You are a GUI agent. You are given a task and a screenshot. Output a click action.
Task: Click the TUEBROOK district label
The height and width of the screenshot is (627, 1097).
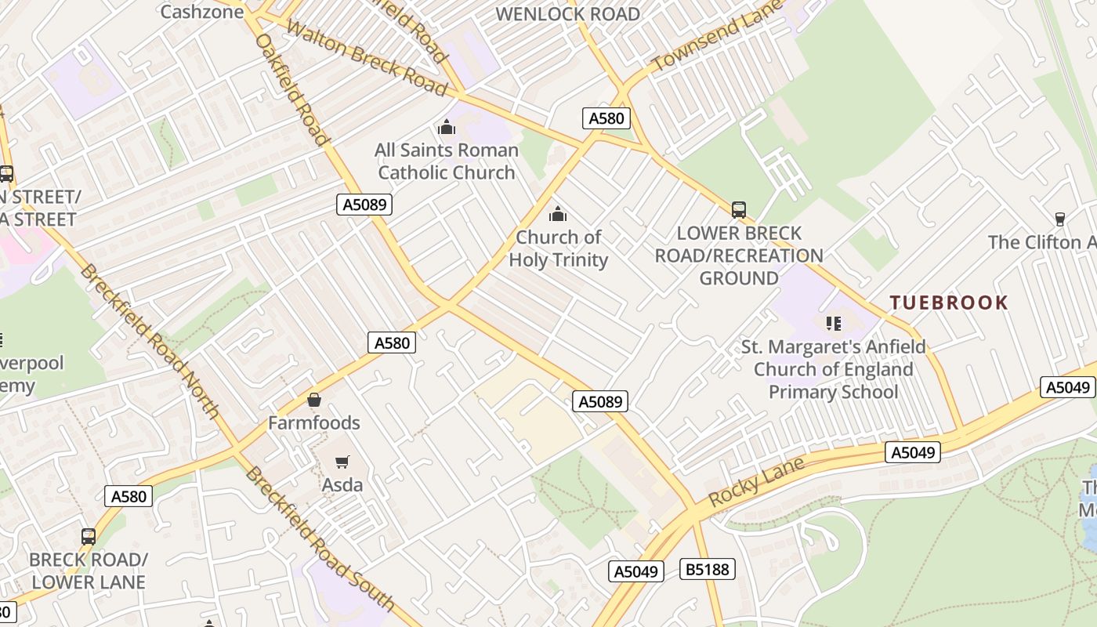[x=949, y=303]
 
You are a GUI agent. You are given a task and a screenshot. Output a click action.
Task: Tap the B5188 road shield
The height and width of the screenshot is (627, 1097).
[x=708, y=569]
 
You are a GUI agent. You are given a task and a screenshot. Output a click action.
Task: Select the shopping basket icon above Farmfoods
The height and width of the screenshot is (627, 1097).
[x=314, y=400]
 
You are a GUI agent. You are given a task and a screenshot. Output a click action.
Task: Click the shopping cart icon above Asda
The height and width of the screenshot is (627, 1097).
[x=342, y=462]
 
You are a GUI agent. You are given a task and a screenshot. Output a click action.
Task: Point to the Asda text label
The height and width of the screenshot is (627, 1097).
[x=342, y=485]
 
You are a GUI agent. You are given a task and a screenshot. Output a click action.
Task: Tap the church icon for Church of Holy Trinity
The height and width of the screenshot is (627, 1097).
[x=558, y=213]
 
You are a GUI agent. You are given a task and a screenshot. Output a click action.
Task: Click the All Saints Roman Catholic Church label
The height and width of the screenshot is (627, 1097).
[x=447, y=161]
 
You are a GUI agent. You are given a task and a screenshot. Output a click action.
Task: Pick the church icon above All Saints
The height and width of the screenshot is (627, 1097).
[x=447, y=127]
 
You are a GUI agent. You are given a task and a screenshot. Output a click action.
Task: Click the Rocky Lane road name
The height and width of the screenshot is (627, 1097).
[x=756, y=481]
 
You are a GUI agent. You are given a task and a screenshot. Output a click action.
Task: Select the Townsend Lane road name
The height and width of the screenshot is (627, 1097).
[x=717, y=35]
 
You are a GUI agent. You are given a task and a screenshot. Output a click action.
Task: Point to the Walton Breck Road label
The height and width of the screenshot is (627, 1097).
[x=366, y=58]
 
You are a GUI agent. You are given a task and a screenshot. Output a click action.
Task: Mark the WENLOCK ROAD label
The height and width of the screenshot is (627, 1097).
[x=567, y=14]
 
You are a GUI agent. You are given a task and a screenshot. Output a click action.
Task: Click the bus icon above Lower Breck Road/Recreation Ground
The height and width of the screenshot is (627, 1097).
[x=738, y=209]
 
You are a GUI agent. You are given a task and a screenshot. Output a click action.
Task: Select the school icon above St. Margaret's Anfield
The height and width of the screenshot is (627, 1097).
[x=833, y=323]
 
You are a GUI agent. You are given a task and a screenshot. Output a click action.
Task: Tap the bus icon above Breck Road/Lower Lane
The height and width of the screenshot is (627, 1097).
[x=89, y=537]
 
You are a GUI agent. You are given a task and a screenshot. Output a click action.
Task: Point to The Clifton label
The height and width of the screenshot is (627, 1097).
[x=1042, y=242]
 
